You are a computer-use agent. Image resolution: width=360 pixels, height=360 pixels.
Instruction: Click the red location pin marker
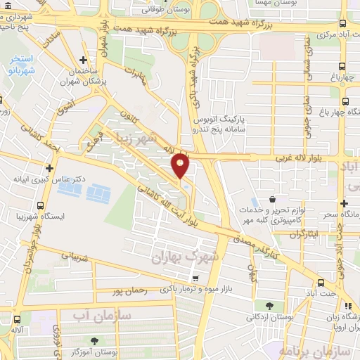tap(181, 165)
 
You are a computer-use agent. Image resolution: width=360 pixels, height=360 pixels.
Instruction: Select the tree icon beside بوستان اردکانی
tap(270, 305)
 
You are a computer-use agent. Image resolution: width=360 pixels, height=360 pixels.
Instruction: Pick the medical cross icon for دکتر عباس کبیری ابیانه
tap(49, 168)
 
